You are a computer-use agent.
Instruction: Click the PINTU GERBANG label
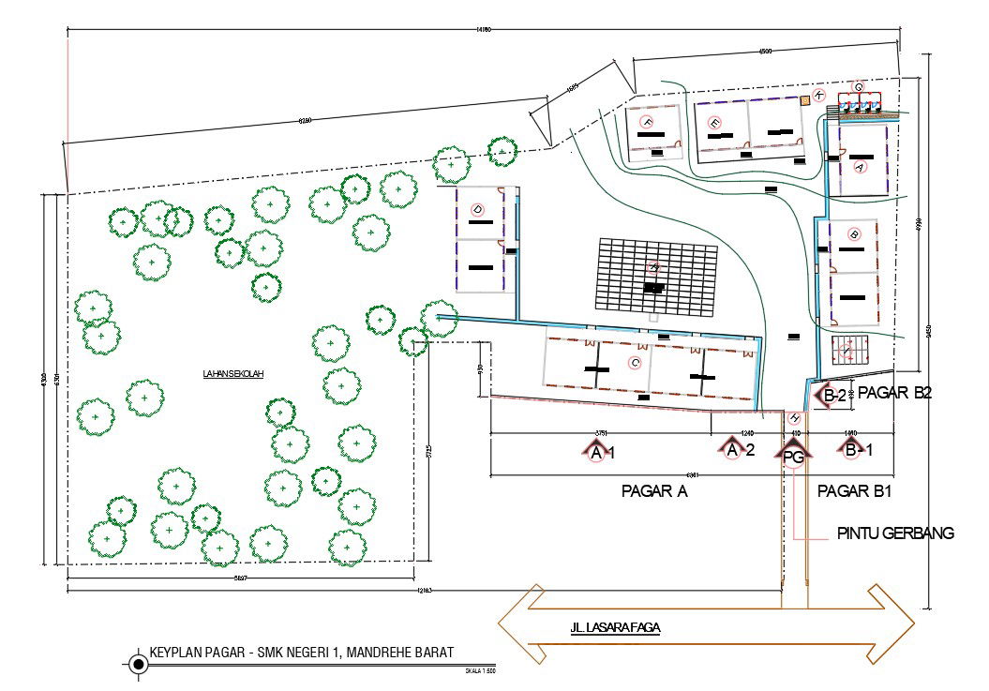(894, 533)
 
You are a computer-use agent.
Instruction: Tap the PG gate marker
(793, 456)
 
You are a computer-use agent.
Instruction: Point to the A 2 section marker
(735, 450)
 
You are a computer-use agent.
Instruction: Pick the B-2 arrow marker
(833, 397)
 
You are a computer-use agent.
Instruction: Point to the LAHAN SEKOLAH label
(233, 374)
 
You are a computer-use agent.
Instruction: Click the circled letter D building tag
(476, 208)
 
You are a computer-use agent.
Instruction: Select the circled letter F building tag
(646, 122)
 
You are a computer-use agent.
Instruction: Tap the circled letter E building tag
(714, 122)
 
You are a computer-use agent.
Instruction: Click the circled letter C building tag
(636, 362)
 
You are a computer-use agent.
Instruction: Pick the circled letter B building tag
(853, 233)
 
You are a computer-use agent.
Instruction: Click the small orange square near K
(804, 98)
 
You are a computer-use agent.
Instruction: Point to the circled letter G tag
(857, 86)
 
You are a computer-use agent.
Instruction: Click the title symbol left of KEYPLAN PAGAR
(139, 665)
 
